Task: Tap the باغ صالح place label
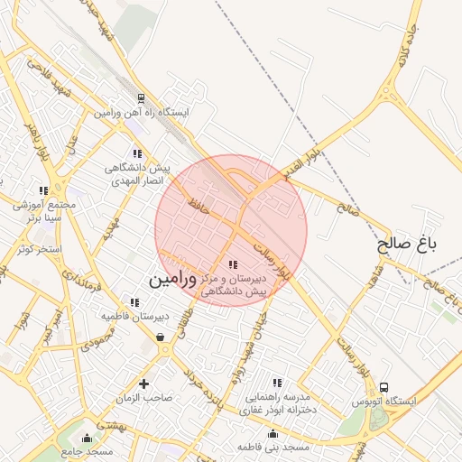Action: click(x=406, y=244)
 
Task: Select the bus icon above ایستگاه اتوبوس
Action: click(x=385, y=387)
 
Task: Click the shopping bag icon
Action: click(x=161, y=337)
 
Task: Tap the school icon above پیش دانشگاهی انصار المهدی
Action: click(x=136, y=154)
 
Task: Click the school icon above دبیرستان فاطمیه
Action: click(x=134, y=302)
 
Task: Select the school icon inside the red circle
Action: click(x=234, y=264)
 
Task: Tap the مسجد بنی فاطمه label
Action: click(x=273, y=447)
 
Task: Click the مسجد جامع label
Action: click(x=87, y=450)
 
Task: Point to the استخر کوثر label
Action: click(x=38, y=248)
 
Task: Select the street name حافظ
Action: click(x=199, y=207)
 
